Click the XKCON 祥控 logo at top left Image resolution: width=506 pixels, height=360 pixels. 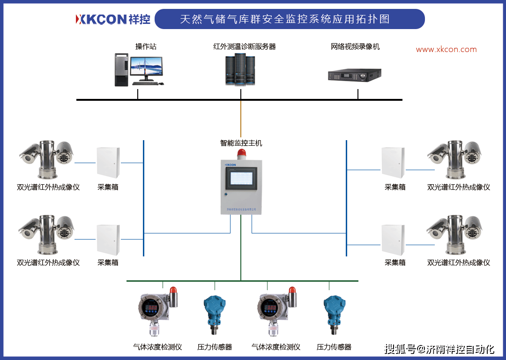[113, 19]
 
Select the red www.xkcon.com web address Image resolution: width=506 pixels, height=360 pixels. [446, 49]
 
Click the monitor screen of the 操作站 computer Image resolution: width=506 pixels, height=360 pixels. [146, 67]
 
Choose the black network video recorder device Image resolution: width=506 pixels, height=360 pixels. [354, 75]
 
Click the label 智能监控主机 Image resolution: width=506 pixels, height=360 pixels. [241, 143]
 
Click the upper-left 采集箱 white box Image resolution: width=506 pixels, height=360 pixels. [108, 163]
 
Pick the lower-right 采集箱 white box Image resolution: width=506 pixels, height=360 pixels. [393, 240]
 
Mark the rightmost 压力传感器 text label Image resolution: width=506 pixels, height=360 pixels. [334, 347]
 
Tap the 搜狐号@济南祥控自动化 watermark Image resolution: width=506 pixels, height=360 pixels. [439, 349]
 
